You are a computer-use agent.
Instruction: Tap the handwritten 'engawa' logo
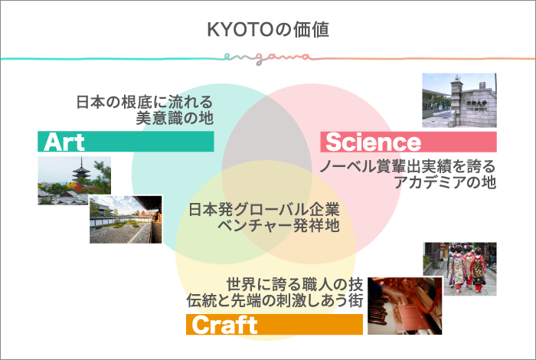(268, 57)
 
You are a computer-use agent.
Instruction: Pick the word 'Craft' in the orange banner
(224, 325)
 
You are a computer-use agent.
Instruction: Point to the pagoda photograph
(74, 181)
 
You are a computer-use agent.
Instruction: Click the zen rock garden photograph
(125, 219)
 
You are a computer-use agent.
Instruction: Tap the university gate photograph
(459, 100)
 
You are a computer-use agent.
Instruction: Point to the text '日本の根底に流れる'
(143, 102)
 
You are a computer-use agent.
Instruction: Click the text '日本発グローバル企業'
(263, 209)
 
